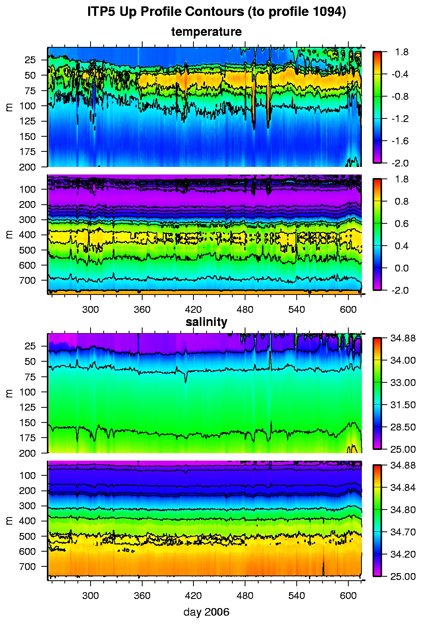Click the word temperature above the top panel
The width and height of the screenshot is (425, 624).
pyautogui.click(x=206, y=32)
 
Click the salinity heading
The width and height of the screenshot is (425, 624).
pyautogui.click(x=206, y=322)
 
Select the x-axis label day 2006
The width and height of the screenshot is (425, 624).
pyautogui.click(x=206, y=612)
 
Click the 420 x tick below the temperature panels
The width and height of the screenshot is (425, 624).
pyautogui.click(x=193, y=310)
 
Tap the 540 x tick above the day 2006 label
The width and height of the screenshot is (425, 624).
pyautogui.click(x=297, y=596)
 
